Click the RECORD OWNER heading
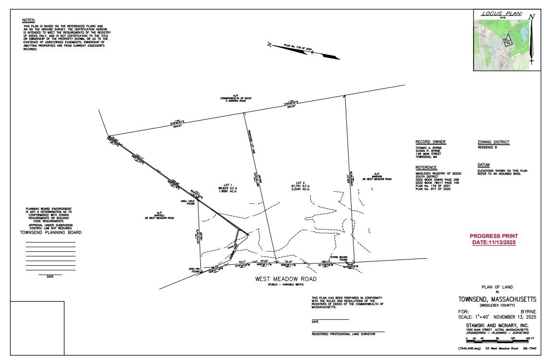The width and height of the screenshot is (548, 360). click(x=430, y=142)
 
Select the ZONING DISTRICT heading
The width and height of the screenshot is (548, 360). click(x=493, y=142)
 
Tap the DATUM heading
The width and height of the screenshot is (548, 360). click(x=484, y=164)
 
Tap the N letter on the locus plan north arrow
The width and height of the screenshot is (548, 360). click(x=531, y=17)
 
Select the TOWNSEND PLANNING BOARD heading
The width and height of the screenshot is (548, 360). click(x=50, y=233)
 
